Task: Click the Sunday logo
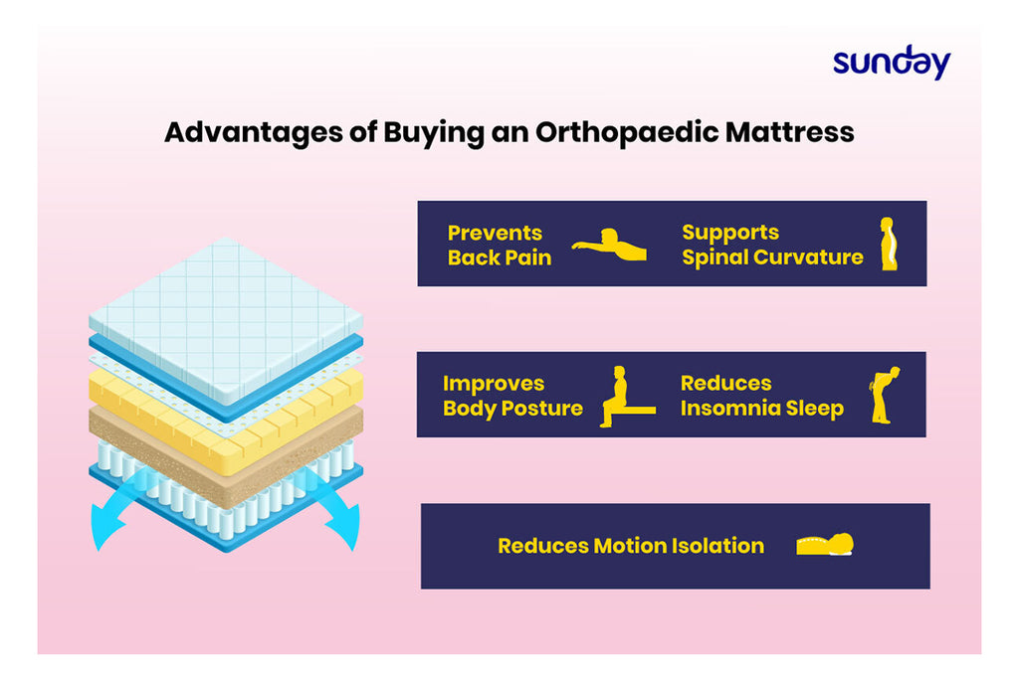click(x=892, y=63)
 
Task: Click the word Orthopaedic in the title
click(x=627, y=132)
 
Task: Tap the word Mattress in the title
click(x=789, y=132)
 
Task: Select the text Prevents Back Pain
click(x=500, y=245)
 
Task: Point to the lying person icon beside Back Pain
click(x=609, y=245)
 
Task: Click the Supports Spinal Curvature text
click(x=772, y=245)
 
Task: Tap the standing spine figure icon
click(x=889, y=244)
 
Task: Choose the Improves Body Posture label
click(x=512, y=396)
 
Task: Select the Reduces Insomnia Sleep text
click(x=761, y=396)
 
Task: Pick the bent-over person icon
click(x=884, y=395)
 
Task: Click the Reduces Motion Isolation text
click(x=630, y=546)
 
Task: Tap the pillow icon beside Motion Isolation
click(x=825, y=545)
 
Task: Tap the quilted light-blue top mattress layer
click(x=226, y=318)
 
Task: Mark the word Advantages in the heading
click(x=254, y=133)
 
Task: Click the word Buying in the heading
click(x=434, y=133)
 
